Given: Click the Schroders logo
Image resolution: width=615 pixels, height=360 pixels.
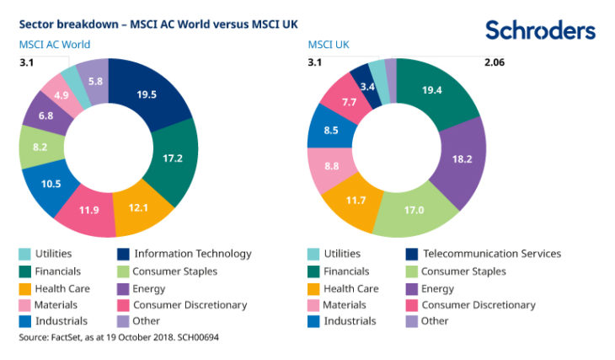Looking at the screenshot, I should [540, 30].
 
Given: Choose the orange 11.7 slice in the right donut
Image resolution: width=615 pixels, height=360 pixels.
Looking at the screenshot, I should [356, 201].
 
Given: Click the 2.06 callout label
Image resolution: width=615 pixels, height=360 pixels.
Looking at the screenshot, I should [495, 62].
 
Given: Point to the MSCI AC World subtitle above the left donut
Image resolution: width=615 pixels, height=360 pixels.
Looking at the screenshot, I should [55, 45].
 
